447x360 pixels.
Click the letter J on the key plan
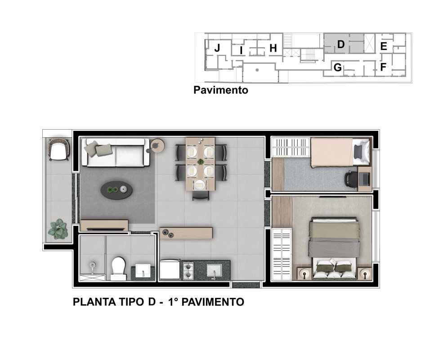[x=217, y=48]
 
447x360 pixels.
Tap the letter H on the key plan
[x=273, y=48]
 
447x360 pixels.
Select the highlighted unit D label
[x=341, y=44]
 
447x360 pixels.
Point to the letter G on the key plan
[x=338, y=67]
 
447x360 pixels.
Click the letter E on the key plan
[x=384, y=46]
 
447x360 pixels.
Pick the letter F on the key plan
[x=383, y=67]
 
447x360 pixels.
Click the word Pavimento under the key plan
[x=221, y=90]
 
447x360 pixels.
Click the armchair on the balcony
[x=59, y=149]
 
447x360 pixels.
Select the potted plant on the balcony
[x=58, y=229]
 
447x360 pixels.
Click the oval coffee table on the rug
[x=116, y=190]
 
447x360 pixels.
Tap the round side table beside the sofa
[x=157, y=145]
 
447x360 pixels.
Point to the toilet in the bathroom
[x=118, y=268]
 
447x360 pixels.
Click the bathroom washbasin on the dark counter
[x=143, y=270]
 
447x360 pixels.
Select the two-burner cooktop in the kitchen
[x=188, y=270]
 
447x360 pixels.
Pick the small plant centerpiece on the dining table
[x=201, y=162]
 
